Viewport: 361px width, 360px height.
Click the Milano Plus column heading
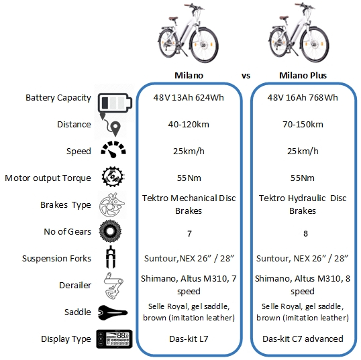pyautogui.click(x=303, y=76)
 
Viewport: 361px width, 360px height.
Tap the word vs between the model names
pyautogui.click(x=246, y=76)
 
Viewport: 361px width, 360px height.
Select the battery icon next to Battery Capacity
pyautogui.click(x=115, y=103)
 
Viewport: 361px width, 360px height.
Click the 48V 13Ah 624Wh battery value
pyautogui.click(x=189, y=97)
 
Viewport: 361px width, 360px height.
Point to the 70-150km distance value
pyautogui.click(x=303, y=125)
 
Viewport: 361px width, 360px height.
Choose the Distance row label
pyautogui.click(x=74, y=125)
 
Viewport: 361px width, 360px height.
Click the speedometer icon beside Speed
pyautogui.click(x=113, y=149)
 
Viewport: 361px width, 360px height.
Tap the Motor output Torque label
pyautogui.click(x=48, y=178)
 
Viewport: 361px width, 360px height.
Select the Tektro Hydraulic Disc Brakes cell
pyautogui.click(x=303, y=204)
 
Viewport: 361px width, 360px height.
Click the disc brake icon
pyautogui.click(x=112, y=204)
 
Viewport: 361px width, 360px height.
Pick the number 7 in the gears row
pyautogui.click(x=189, y=234)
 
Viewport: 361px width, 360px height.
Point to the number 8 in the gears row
pyautogui.click(x=305, y=234)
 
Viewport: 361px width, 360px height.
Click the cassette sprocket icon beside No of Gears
pyautogui.click(x=110, y=231)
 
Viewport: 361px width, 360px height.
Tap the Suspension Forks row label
pyautogui.click(x=56, y=259)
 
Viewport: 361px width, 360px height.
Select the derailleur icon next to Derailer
pyautogui.click(x=113, y=286)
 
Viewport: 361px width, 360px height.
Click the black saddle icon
pyautogui.click(x=113, y=312)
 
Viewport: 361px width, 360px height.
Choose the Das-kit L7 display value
pyautogui.click(x=189, y=339)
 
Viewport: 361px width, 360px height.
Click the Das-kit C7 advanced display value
pyautogui.click(x=303, y=339)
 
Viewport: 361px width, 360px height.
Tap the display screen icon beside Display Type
pyautogui.click(x=115, y=339)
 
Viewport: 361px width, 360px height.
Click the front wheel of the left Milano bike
pyautogui.click(x=204, y=45)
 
